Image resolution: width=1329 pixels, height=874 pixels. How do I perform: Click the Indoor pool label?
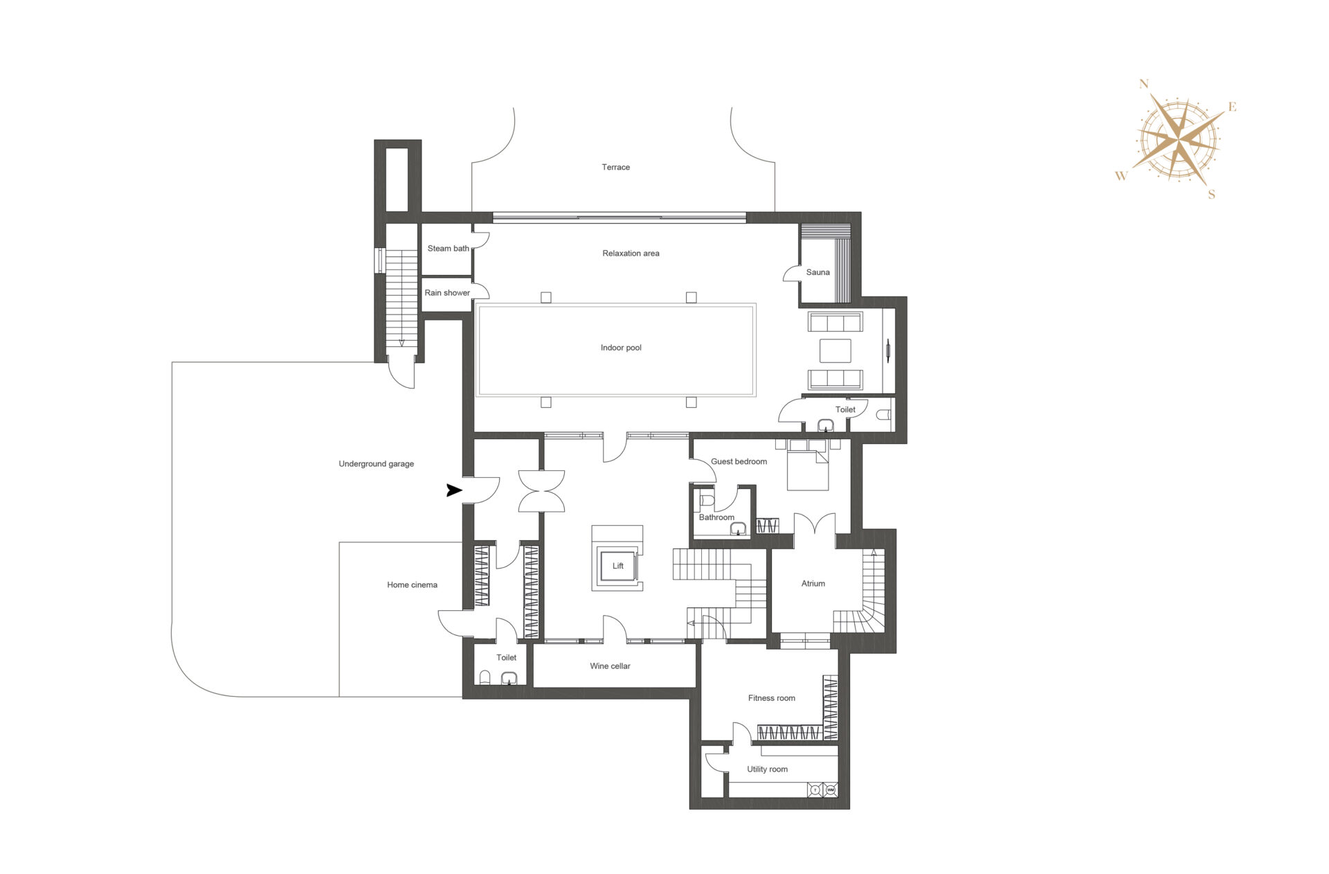[x=621, y=348]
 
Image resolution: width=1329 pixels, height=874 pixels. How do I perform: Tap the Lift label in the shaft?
[x=618, y=566]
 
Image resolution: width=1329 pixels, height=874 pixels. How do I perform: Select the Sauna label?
[x=817, y=272]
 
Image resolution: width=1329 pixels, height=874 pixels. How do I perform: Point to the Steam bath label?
[x=448, y=249]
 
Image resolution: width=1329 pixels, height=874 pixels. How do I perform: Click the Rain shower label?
[x=447, y=293]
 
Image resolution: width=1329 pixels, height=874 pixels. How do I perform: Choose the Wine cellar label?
[x=610, y=666]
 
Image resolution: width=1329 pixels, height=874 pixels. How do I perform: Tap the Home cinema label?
[x=412, y=585]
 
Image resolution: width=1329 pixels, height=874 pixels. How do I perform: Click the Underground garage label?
[x=376, y=464]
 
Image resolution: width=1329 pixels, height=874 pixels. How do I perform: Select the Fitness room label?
[x=771, y=698]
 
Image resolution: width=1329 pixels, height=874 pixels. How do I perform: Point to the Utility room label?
[x=767, y=769]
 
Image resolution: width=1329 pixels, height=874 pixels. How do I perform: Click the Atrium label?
[x=813, y=584]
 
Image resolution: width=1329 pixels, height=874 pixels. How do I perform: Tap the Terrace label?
[x=615, y=168]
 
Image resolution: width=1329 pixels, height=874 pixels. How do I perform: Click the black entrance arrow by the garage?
[x=454, y=490]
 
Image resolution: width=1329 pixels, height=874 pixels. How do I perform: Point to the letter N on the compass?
[x=1143, y=84]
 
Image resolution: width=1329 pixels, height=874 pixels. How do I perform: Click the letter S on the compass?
[x=1211, y=195]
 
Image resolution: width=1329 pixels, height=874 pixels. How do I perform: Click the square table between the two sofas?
[x=835, y=350]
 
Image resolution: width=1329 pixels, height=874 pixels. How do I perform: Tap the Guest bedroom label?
[x=739, y=462]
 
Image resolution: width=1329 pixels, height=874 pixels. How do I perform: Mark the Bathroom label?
[x=716, y=517]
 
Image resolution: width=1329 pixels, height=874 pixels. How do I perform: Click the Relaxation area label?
[x=631, y=253]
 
